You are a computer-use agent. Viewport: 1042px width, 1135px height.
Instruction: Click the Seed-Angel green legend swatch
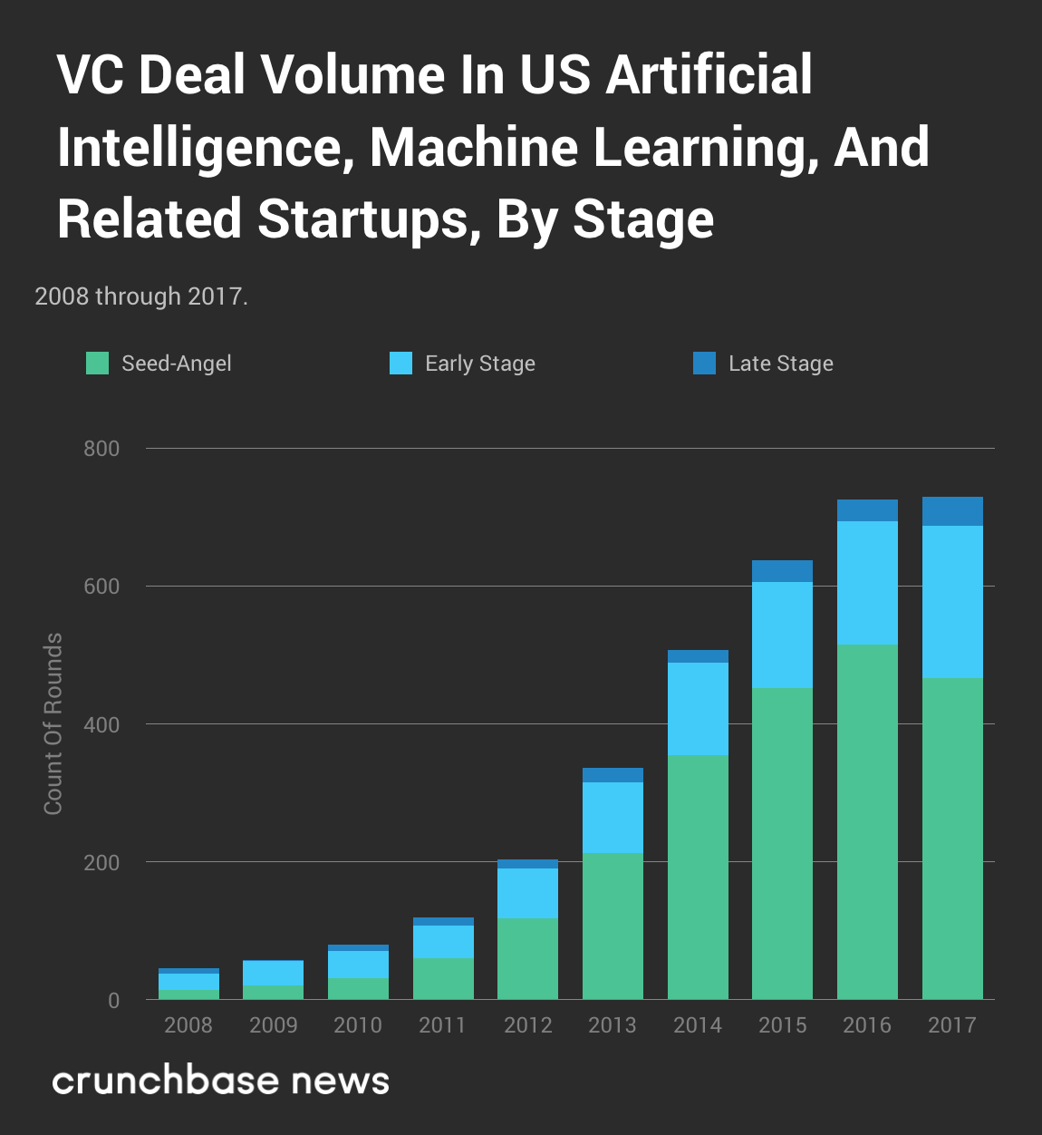click(97, 364)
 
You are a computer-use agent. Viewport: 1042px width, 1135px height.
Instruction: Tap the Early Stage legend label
click(479, 364)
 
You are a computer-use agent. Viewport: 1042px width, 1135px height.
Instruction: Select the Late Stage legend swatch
click(704, 364)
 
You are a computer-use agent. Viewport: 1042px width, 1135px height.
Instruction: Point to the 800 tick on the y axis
click(101, 449)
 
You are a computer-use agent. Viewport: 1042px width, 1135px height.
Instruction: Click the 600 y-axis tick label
click(101, 587)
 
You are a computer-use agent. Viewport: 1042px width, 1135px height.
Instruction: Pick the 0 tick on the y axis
click(113, 1000)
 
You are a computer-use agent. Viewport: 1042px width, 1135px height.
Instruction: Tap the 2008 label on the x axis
click(188, 1025)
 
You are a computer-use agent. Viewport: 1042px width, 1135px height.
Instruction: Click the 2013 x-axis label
click(613, 1025)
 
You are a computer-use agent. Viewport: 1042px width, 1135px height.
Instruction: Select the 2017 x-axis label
click(952, 1025)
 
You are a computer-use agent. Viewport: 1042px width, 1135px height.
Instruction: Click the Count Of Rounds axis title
click(53, 723)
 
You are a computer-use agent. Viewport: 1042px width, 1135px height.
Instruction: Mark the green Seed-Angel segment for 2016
click(867, 822)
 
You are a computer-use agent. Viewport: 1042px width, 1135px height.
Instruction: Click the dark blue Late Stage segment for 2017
click(952, 511)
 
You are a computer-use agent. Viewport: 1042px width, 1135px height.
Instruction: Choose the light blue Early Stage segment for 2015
click(782, 635)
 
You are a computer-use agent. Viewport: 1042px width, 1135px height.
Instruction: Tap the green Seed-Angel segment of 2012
click(527, 959)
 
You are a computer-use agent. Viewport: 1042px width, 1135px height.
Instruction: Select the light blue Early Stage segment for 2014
click(698, 709)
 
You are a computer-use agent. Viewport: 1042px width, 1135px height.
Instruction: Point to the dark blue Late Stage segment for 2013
click(613, 775)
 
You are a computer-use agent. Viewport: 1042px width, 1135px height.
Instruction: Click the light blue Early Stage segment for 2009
click(274, 973)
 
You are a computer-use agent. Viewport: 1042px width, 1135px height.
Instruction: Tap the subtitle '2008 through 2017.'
click(141, 296)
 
